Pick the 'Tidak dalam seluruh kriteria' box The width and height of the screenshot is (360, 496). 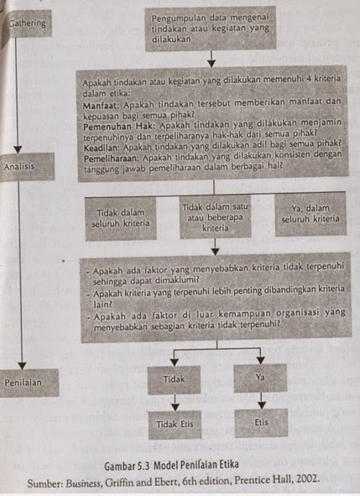tap(123, 217)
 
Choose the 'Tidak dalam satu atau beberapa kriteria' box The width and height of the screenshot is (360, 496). tap(213, 217)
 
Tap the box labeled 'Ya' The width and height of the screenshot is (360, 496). tap(260, 377)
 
